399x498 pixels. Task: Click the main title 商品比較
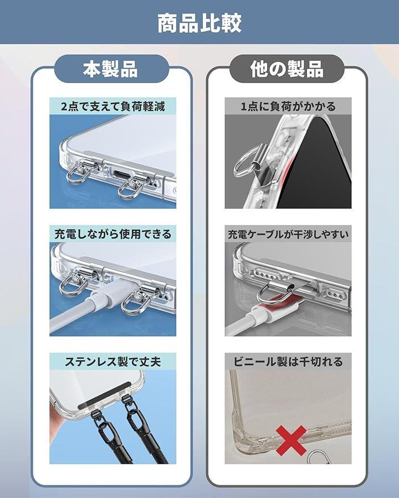(x=199, y=23)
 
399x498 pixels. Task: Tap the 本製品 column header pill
(x=111, y=69)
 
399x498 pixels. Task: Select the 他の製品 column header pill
(x=287, y=69)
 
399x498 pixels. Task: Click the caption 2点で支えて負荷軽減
(x=113, y=106)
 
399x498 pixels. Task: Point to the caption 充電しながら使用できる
(x=113, y=234)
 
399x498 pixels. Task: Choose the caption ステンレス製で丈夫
(x=113, y=361)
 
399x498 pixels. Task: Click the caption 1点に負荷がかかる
(x=288, y=106)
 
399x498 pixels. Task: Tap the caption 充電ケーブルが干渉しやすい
(x=288, y=235)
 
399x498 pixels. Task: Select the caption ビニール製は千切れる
(x=288, y=361)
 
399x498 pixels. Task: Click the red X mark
(x=291, y=440)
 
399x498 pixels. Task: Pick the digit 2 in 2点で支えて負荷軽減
(x=64, y=106)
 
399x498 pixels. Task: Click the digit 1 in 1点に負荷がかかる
(x=244, y=106)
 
